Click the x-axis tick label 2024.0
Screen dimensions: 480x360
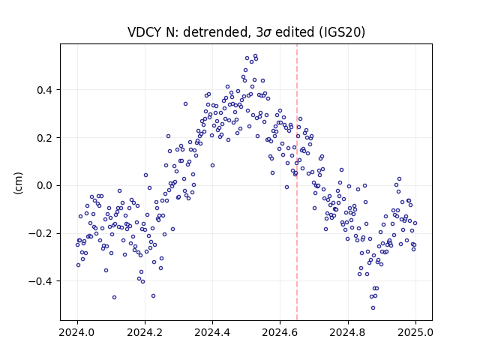(77, 332)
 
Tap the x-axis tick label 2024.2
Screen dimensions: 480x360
(145, 332)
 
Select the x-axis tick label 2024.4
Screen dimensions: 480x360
(212, 332)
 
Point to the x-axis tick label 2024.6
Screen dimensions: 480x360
(280, 332)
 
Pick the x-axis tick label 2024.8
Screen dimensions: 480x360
(348, 332)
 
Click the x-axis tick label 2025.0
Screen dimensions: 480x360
(415, 332)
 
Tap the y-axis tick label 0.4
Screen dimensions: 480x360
(44, 90)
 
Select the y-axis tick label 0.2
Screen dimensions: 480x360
(44, 138)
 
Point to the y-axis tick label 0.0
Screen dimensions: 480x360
(44, 186)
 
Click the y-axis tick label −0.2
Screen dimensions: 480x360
(40, 233)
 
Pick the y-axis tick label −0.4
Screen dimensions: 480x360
(40, 281)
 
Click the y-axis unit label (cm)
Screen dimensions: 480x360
(18, 183)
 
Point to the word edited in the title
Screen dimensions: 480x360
(294, 32)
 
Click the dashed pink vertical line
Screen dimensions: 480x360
(297, 182)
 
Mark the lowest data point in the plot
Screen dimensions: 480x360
(373, 307)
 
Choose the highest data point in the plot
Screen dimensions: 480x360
(255, 56)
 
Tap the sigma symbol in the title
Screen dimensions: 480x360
(267, 33)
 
